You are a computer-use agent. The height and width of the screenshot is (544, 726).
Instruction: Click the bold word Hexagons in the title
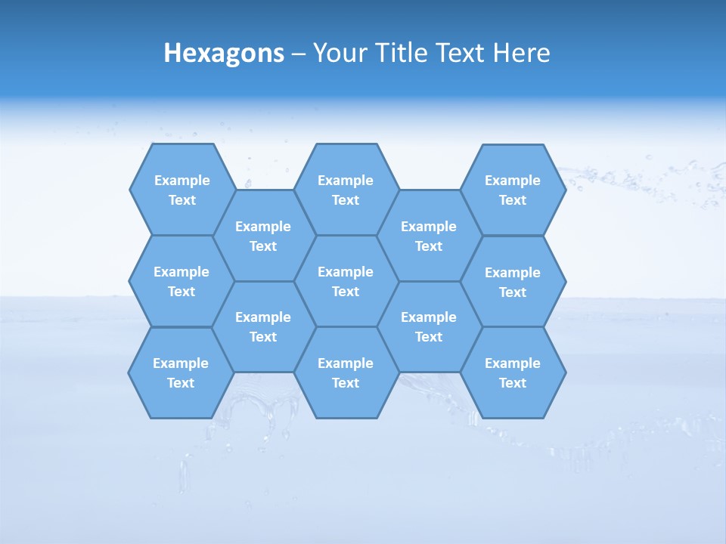(x=224, y=53)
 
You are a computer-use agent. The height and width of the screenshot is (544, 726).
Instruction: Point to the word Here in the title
(x=521, y=53)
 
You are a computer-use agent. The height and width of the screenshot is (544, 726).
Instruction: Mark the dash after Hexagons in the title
(x=298, y=54)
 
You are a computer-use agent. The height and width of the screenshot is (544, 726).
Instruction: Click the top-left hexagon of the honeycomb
(x=182, y=190)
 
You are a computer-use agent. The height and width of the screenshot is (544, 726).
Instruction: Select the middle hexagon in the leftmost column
(x=181, y=281)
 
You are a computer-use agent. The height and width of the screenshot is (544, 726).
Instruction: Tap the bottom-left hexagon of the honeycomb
(x=181, y=372)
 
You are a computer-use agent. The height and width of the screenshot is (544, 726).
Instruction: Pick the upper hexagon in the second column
(x=263, y=236)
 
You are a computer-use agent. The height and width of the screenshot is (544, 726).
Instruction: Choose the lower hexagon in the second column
(x=263, y=326)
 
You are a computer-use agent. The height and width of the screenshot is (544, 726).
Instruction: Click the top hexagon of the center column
(x=346, y=190)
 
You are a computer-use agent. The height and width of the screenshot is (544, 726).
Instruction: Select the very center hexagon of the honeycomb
(x=346, y=281)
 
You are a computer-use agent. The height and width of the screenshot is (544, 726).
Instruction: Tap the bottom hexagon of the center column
(x=346, y=372)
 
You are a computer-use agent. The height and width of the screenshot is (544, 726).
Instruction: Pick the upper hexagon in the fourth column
(x=429, y=236)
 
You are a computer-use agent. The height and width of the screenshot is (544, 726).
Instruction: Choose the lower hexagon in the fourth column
(x=429, y=326)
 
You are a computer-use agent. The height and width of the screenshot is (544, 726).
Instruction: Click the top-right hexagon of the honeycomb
(x=513, y=190)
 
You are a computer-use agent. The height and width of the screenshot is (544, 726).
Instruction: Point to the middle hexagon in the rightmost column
(x=513, y=282)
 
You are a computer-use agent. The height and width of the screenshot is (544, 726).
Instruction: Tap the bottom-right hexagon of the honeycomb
(x=513, y=372)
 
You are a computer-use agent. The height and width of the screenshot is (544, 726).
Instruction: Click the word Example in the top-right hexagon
(x=513, y=181)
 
